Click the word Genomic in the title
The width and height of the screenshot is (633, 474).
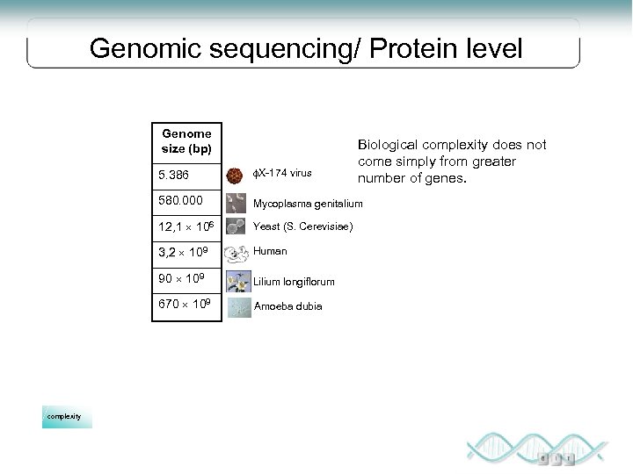click(x=149, y=47)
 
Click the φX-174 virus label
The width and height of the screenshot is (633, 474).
click(x=283, y=173)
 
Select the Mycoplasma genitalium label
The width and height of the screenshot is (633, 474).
click(x=308, y=204)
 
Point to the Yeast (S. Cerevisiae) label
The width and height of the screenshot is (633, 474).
click(x=303, y=227)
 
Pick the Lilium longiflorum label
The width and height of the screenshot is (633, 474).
click(x=295, y=283)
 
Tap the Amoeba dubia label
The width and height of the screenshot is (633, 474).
click(x=287, y=306)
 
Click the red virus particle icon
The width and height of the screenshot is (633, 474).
click(x=236, y=175)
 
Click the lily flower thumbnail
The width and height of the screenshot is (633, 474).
click(x=236, y=282)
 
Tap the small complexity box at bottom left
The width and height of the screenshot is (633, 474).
click(x=67, y=416)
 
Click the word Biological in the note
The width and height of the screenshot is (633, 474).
click(x=386, y=145)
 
